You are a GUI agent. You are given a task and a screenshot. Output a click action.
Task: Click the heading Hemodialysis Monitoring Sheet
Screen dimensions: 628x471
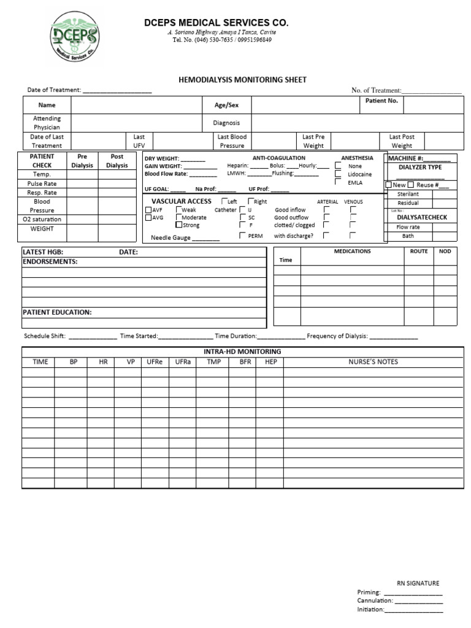242,80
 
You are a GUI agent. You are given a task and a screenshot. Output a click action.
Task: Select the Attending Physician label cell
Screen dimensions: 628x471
47,123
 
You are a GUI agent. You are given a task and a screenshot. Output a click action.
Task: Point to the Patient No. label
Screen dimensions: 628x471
381,101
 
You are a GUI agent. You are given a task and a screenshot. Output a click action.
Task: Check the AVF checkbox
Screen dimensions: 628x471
148,210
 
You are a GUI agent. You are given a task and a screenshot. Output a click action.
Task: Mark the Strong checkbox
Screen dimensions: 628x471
178,225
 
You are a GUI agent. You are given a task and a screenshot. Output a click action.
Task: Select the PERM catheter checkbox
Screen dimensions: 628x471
243,235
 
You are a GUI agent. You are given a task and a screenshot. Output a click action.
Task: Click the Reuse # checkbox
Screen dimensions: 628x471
411,185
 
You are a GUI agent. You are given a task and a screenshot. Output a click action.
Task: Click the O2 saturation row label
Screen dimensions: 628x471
42,219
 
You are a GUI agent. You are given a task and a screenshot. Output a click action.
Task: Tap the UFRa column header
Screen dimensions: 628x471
183,362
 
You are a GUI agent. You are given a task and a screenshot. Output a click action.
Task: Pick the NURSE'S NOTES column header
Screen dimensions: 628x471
373,362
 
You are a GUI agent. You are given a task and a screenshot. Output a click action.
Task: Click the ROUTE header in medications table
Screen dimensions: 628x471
419,251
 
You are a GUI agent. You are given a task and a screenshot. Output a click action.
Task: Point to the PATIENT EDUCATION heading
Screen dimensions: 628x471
57,312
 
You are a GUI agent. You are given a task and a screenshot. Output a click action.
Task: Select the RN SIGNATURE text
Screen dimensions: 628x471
418,583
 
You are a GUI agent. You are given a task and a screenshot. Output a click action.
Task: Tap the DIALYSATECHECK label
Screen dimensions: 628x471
422,217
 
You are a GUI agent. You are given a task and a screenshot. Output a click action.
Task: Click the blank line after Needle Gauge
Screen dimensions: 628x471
206,239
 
